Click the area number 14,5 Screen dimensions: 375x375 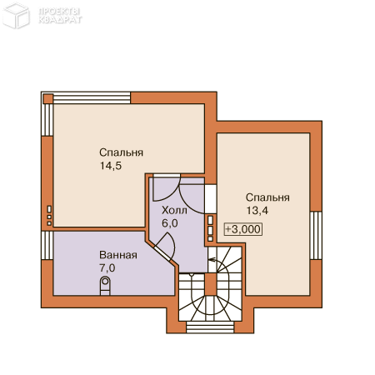[111, 166]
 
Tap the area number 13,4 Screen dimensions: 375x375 [257, 211]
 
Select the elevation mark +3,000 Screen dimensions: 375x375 [243, 229]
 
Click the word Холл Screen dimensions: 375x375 [174, 210]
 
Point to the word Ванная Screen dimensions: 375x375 [118, 255]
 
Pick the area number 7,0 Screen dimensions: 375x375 [107, 268]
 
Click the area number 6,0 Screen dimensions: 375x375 [170, 223]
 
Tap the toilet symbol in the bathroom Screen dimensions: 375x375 [105, 286]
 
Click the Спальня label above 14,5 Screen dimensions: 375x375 [121, 152]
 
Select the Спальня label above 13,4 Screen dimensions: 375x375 [267, 197]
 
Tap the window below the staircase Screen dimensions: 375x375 [210, 327]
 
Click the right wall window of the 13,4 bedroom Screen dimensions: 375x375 [316, 235]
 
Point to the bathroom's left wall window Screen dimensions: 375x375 [47, 245]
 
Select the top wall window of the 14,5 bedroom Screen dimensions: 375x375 [92, 98]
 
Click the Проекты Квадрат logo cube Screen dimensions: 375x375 [16, 16]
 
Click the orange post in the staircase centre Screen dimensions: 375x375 [211, 284]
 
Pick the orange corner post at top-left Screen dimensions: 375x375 [47, 98]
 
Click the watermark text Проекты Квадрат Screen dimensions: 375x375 [60, 16]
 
